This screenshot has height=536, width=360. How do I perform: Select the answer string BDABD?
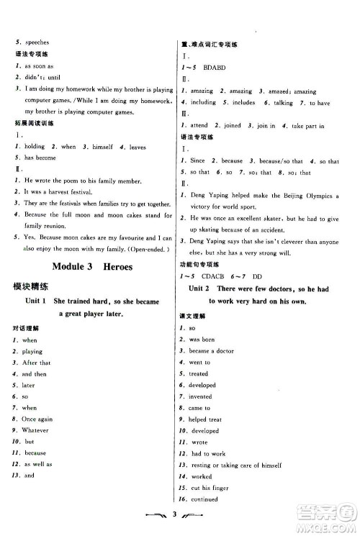[x=209, y=67]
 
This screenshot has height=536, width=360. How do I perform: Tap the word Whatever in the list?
[x=36, y=430]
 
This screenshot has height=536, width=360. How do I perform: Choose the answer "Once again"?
[x=40, y=418]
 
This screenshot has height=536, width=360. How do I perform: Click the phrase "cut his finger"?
[x=210, y=487]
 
